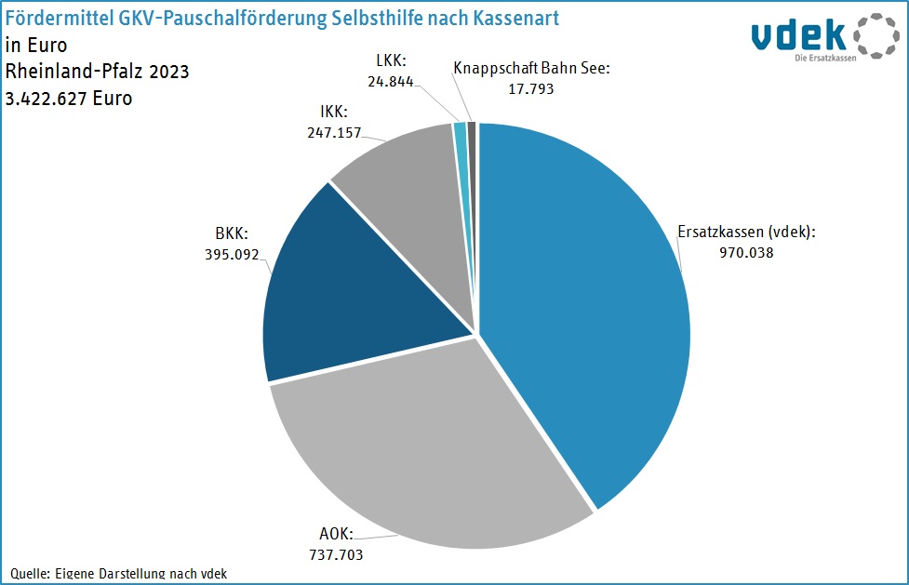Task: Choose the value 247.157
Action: (x=333, y=133)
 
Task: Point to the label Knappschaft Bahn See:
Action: (x=531, y=68)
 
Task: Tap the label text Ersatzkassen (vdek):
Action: (x=747, y=231)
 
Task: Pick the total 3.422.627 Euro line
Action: (x=69, y=97)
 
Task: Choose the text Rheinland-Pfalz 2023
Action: (x=97, y=71)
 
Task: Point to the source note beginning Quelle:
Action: (x=119, y=573)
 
